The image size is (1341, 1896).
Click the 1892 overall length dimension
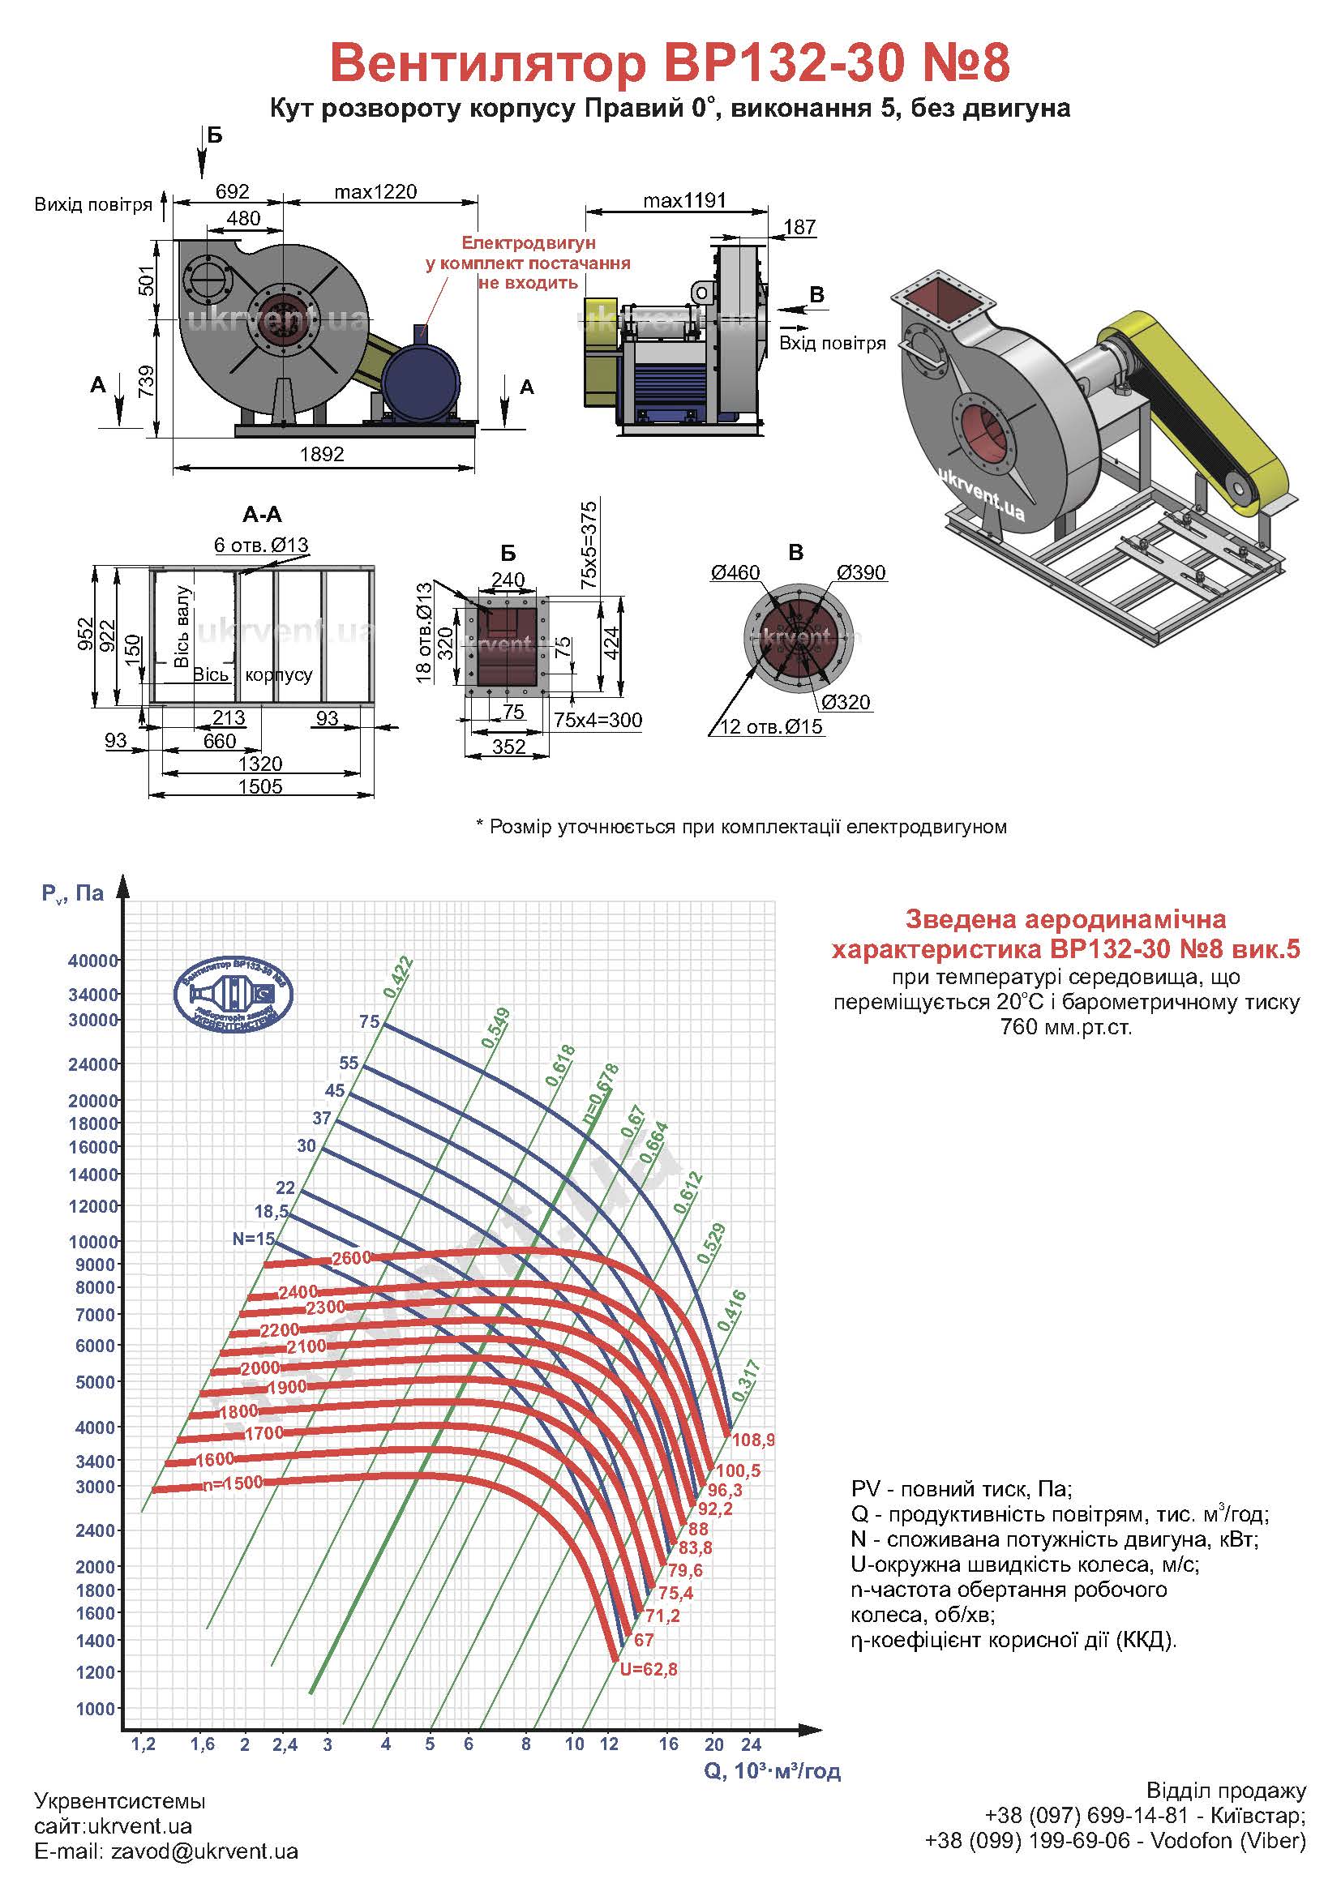[321, 454]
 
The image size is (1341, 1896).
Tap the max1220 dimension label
[375, 192]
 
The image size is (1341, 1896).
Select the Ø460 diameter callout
[735, 573]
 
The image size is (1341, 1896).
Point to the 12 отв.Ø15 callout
[772, 726]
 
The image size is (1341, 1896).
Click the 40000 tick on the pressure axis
[93, 961]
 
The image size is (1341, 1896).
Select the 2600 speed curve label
[351, 1258]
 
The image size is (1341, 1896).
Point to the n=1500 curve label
[233, 1483]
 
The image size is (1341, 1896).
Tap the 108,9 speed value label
[753, 1440]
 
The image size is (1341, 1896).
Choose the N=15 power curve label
[254, 1239]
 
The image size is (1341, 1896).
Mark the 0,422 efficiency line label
[398, 977]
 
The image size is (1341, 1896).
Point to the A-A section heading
[263, 515]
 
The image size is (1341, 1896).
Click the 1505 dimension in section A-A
[260, 786]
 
